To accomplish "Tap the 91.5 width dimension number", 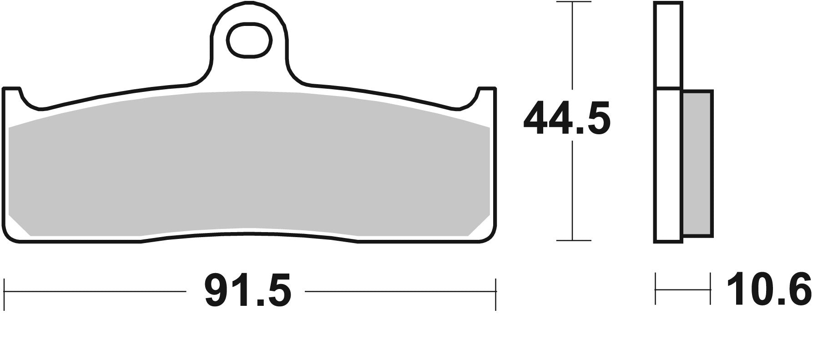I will (247, 290).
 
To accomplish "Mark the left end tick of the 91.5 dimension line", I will (4, 291).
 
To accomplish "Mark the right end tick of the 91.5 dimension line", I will (495, 291).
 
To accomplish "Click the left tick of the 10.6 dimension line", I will (656, 289).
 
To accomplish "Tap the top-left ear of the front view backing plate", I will (12, 91).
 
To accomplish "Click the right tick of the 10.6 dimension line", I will (710, 289).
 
